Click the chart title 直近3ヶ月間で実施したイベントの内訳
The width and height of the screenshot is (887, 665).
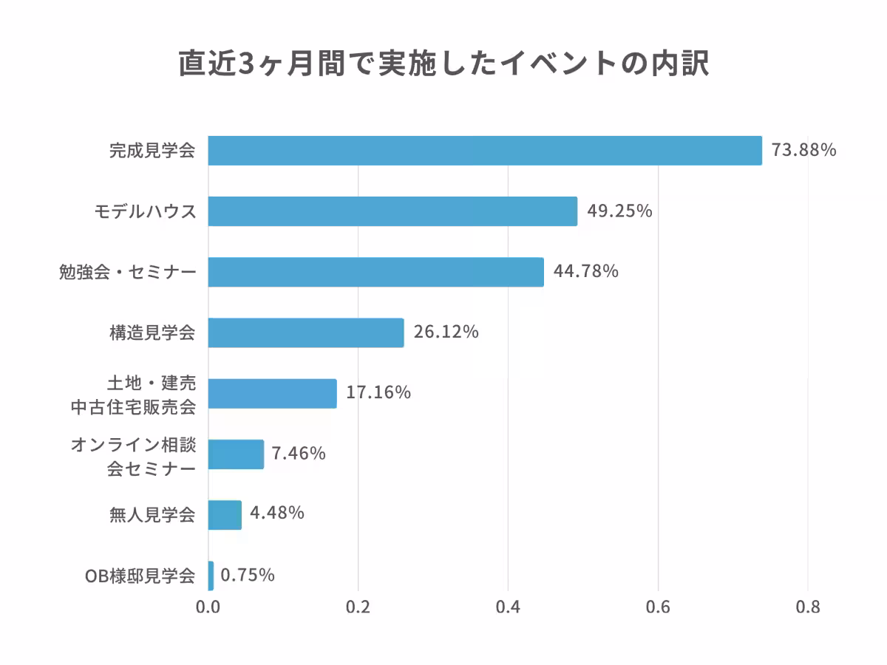click(x=443, y=64)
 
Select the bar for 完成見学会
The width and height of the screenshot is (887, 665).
click(x=485, y=151)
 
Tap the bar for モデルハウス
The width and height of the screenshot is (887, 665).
click(x=392, y=211)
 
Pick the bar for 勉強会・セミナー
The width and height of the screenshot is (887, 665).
click(x=375, y=272)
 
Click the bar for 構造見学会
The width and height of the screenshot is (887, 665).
click(x=306, y=332)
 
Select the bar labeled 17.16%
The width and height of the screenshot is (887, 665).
click(x=272, y=393)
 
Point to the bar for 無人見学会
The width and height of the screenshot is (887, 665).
click(x=225, y=514)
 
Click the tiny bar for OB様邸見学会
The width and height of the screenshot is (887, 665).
click(x=211, y=576)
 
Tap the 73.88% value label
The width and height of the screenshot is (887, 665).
click(x=803, y=150)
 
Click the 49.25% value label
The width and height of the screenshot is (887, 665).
click(x=619, y=211)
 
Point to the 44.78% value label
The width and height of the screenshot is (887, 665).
click(x=585, y=271)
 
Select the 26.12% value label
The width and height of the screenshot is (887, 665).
click(x=446, y=332)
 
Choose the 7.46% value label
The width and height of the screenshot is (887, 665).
click(x=299, y=453)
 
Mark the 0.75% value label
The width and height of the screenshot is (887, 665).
click(x=248, y=575)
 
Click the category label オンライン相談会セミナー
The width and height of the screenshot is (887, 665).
click(x=133, y=457)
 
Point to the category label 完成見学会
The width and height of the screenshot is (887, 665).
click(x=152, y=151)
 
